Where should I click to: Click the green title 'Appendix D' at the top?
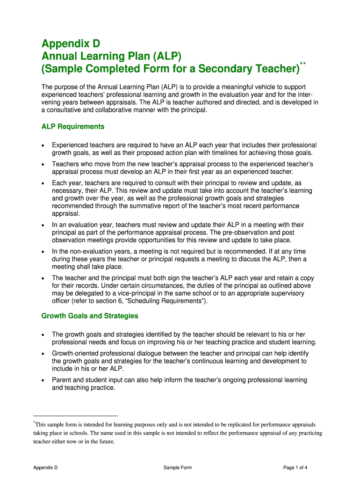71,44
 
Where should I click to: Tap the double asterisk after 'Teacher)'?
303,63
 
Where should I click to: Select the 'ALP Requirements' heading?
73,127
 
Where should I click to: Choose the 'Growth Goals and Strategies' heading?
90,316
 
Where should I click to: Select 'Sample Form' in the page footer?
178,467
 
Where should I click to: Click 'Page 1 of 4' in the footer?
295,467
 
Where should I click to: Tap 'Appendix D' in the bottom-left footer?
45,467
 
